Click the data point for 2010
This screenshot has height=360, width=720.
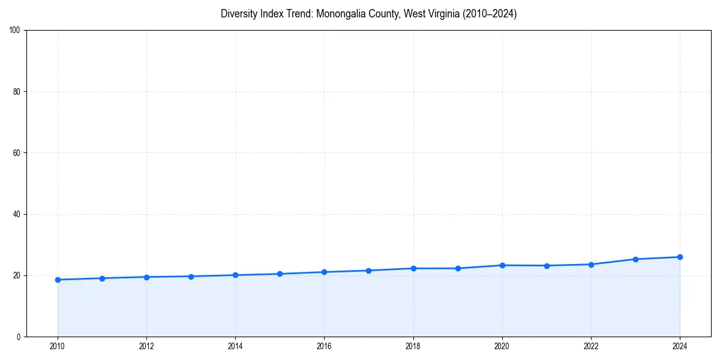(58, 280)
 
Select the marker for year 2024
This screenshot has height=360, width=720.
(680, 257)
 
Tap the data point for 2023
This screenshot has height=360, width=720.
(635, 259)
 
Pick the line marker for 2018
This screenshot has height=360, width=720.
(413, 268)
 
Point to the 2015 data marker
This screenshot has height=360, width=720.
(280, 274)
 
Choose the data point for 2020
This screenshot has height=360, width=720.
(502, 265)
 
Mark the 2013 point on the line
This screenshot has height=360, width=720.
(191, 277)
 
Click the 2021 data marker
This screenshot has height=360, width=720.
(547, 266)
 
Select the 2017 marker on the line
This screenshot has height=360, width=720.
(368, 271)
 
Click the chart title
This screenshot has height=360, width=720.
(368, 14)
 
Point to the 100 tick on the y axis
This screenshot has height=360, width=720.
(16, 31)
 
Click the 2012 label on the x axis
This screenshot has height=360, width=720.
(146, 346)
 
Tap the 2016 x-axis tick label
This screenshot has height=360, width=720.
(324, 346)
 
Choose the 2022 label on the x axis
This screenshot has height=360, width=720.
(591, 346)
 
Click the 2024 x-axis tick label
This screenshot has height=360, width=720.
(680, 346)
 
